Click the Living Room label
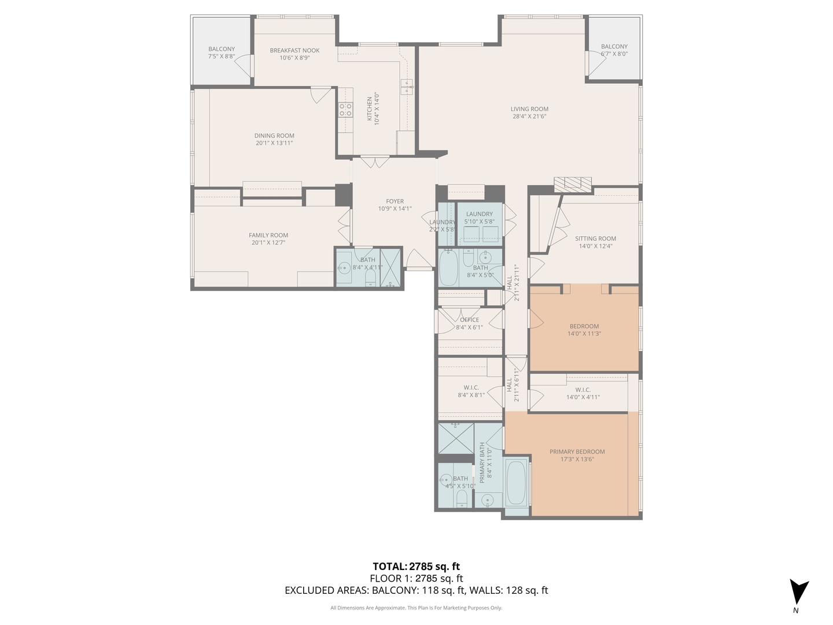[529, 109]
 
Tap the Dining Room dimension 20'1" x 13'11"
[274, 143]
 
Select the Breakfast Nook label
[294, 50]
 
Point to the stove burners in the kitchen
[345, 110]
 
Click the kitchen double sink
[407, 87]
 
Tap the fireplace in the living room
[573, 184]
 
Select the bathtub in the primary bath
[517, 481]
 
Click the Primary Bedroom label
[577, 452]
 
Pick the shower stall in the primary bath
[455, 439]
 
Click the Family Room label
[268, 235]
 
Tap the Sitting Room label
[595, 238]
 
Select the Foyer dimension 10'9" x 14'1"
[395, 209]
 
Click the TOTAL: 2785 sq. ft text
[416, 567]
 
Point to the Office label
[469, 319]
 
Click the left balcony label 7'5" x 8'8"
[222, 57]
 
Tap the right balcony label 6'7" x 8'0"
[614, 54]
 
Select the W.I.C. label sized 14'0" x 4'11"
[583, 397]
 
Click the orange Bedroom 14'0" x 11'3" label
[584, 326]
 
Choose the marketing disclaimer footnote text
[416, 608]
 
